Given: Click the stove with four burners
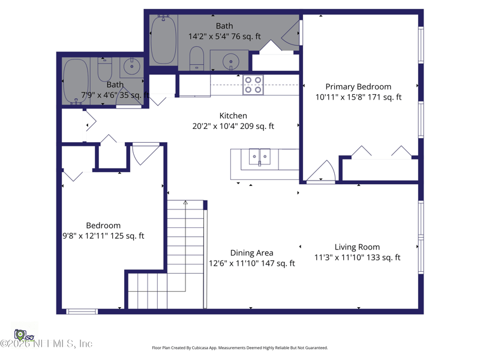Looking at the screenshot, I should tap(253, 85).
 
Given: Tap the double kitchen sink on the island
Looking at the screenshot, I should tap(260, 157).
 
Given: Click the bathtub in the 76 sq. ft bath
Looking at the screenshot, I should tap(163, 41).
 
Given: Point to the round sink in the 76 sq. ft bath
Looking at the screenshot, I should tap(229, 61).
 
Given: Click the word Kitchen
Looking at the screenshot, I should tap(233, 116).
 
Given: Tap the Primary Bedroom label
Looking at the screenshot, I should tap(358, 86).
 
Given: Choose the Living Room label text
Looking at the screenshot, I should tap(357, 247).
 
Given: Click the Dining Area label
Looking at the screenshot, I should tap(251, 253).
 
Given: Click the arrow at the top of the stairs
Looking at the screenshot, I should tap(185, 203).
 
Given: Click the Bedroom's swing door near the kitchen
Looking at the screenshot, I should tap(145, 154).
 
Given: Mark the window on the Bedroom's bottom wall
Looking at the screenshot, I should tap(82, 311).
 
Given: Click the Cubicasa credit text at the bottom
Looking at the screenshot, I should tap(240, 348).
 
